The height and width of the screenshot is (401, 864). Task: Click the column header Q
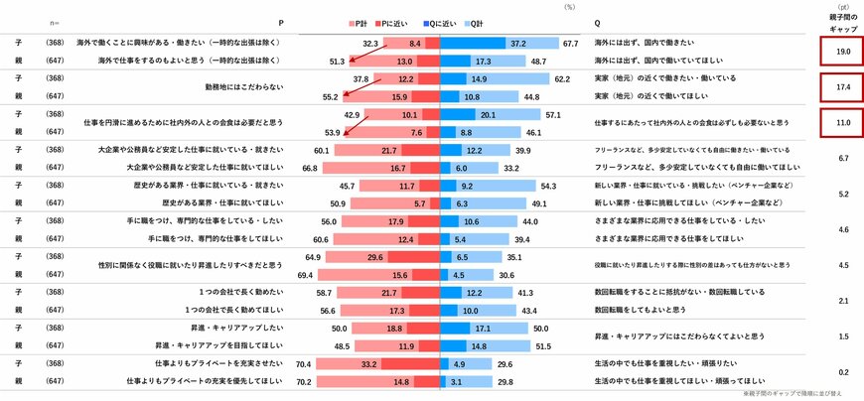(x=596, y=21)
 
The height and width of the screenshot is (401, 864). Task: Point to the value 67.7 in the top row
(x=570, y=44)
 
